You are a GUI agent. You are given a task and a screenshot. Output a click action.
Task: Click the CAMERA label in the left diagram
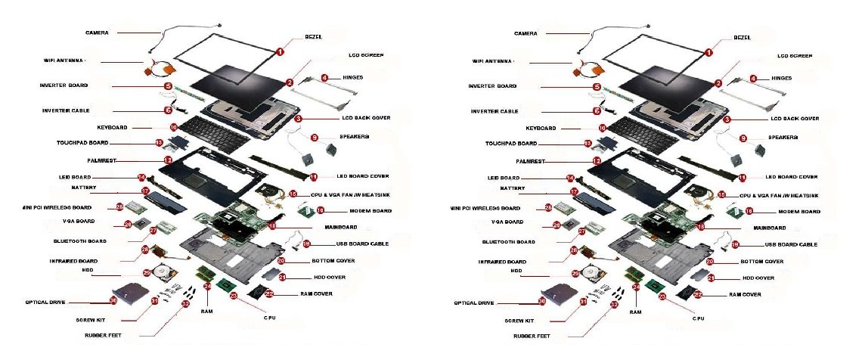97,33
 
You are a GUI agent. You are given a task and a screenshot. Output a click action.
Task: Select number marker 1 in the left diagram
279,52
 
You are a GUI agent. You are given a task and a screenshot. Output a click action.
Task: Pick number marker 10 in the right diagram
603,129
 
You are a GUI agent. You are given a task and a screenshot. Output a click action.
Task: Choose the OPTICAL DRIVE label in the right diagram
473,303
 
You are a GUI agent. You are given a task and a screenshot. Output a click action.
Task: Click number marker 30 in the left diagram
113,300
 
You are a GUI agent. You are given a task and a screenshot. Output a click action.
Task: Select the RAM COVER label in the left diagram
317,293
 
